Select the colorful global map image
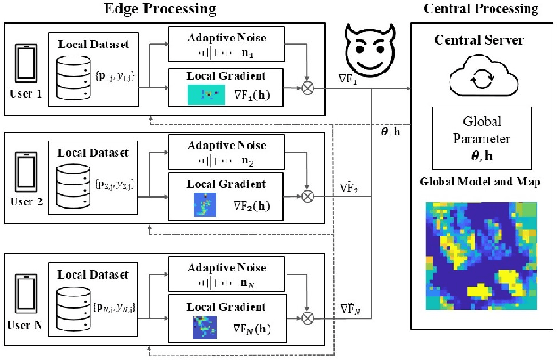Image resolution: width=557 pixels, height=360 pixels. coord(476,257)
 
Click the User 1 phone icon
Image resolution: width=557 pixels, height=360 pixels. coord(27,64)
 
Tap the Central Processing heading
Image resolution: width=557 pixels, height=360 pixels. coord(480,9)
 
